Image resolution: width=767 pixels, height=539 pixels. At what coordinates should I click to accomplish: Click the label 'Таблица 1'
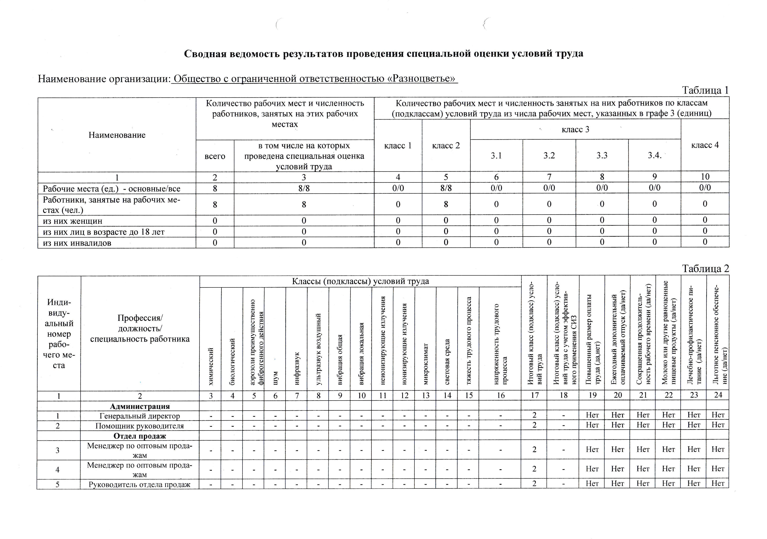click(705, 90)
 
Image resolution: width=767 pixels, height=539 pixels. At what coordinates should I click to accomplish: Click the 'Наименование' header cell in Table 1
click(117, 135)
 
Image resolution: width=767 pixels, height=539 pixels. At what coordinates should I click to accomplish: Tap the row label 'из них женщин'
click(72, 221)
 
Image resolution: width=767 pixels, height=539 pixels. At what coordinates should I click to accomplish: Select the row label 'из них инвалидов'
click(77, 243)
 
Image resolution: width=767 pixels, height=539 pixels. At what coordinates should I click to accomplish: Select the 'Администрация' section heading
click(140, 406)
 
